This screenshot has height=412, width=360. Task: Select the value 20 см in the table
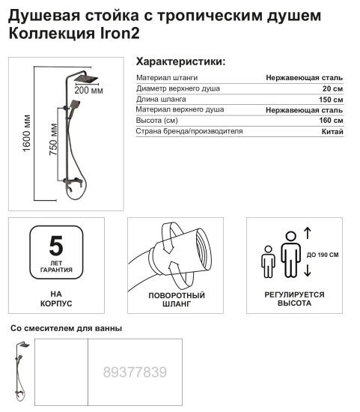(x=332, y=88)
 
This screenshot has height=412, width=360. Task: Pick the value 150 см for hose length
(x=331, y=99)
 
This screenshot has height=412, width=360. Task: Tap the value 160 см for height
(x=331, y=121)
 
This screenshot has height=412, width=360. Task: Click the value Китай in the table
(x=332, y=132)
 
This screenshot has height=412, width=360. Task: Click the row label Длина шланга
(x=161, y=99)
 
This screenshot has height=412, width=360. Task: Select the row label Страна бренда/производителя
(x=189, y=132)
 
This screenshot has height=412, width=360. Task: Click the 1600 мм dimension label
(x=27, y=135)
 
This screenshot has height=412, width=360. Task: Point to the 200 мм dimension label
(x=89, y=91)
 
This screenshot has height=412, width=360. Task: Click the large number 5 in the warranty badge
(x=55, y=245)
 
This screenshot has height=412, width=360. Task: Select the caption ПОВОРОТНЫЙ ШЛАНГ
(x=177, y=300)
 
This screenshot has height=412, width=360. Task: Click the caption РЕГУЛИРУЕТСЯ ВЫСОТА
(x=294, y=299)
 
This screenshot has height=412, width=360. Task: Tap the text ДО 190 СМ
(x=323, y=255)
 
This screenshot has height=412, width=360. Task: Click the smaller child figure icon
(x=268, y=262)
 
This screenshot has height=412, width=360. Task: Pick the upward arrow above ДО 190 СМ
(x=307, y=232)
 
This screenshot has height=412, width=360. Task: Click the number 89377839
(x=135, y=372)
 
